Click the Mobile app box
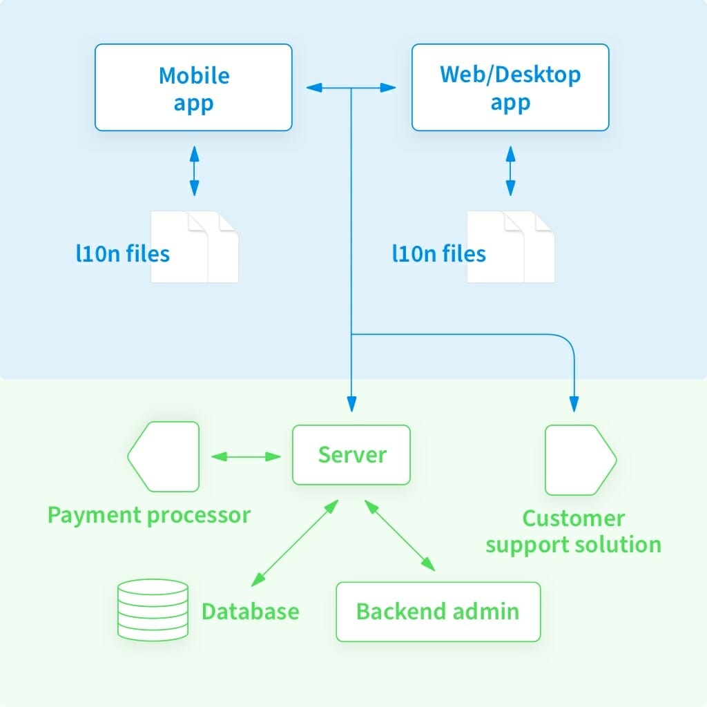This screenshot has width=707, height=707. coord(193,88)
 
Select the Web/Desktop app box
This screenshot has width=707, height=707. coord(510,88)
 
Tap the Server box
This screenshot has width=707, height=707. coord(351,454)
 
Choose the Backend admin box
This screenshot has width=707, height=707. coord(438,611)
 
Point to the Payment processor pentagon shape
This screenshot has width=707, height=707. coord(164,456)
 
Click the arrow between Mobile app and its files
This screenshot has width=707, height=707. coord(194,171)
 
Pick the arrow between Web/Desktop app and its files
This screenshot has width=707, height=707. coord(510,171)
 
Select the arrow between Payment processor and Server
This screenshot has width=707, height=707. coord(246,456)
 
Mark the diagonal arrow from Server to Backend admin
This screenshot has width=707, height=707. coord(400,536)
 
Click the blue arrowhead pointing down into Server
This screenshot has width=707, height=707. coord(351,405)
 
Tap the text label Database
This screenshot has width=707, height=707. coord(250,611)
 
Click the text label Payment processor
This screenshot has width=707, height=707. coord(148,515)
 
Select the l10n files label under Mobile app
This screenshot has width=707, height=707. coord(122,253)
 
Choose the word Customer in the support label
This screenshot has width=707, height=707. coord(573,519)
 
